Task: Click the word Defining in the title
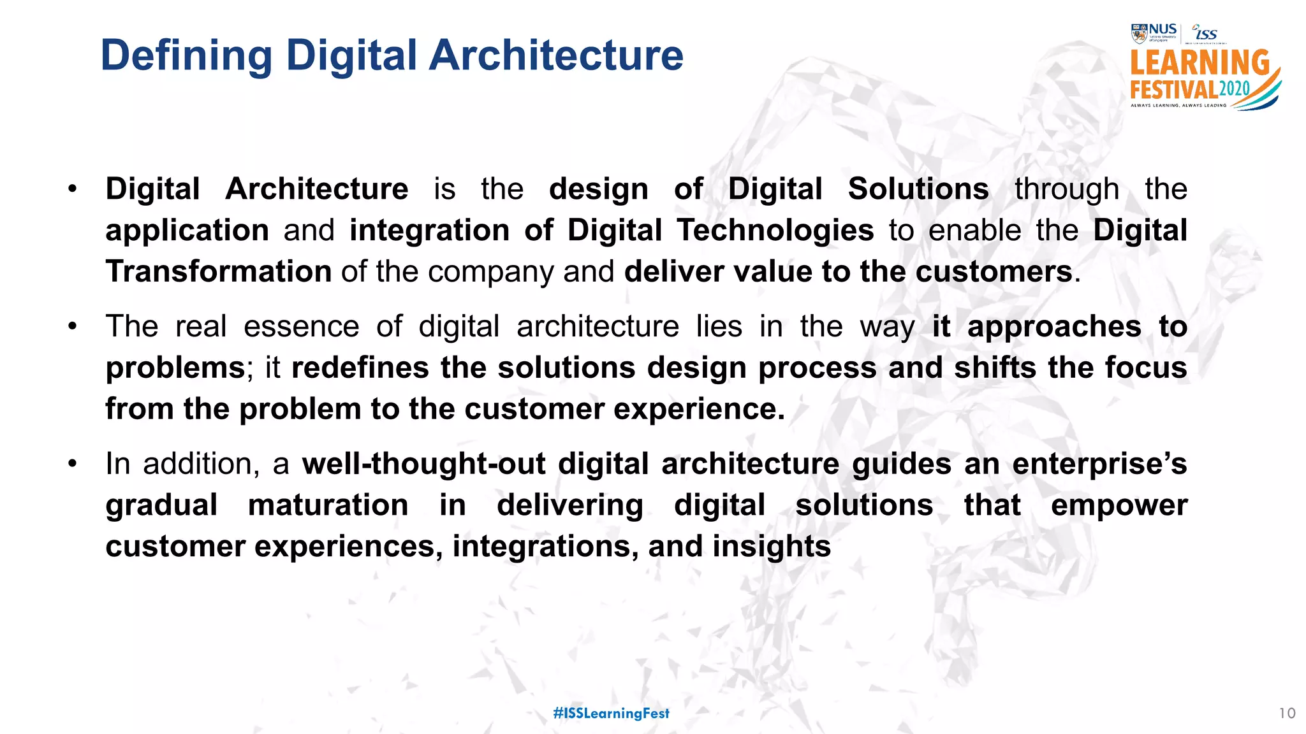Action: click(x=186, y=56)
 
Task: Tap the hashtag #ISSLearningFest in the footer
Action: click(x=611, y=713)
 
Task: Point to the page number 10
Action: click(x=1287, y=713)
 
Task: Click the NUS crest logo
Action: click(x=1139, y=33)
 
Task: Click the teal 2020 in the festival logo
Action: click(x=1235, y=89)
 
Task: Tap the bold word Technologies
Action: click(x=775, y=230)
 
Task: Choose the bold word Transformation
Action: click(x=218, y=271)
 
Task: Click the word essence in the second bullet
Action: click(x=301, y=326)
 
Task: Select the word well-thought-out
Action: click(x=423, y=463)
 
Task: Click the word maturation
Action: click(x=328, y=505)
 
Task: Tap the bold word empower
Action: click(x=1119, y=505)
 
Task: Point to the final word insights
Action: click(x=771, y=546)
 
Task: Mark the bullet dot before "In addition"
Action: click(x=73, y=464)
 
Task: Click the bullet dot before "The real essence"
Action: click(x=73, y=327)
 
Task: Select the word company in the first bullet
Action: click(x=490, y=271)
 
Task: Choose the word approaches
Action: click(x=1053, y=326)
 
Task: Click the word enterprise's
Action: click(x=1099, y=463)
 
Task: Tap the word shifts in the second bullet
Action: click(x=994, y=368)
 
